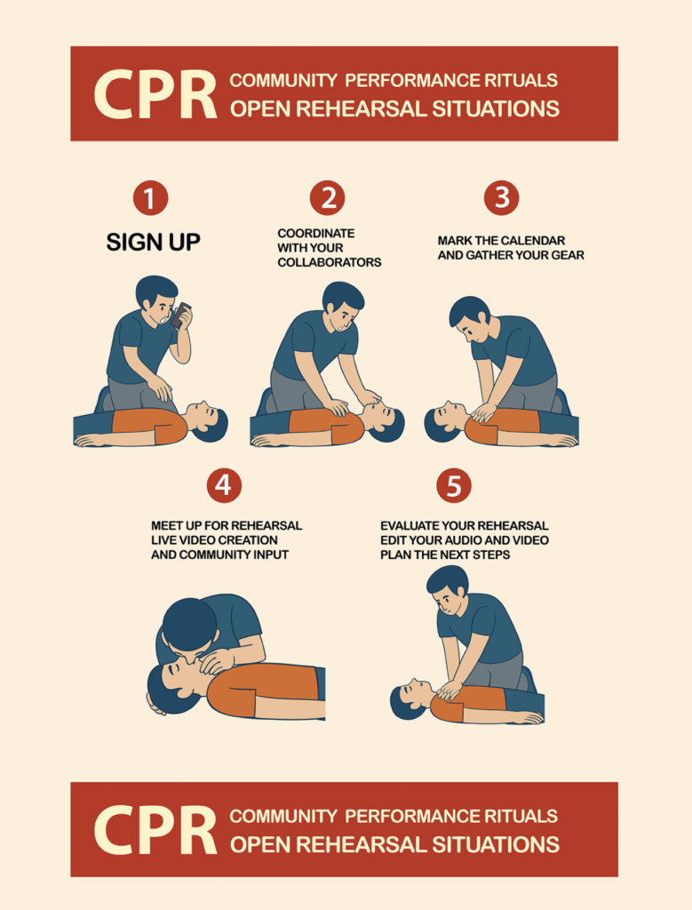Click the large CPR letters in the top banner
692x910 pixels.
tap(155, 94)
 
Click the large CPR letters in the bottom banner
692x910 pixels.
tap(155, 830)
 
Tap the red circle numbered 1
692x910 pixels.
tap(150, 198)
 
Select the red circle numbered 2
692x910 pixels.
tap(327, 198)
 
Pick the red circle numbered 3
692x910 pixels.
tap(502, 198)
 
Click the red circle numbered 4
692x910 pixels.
tap(224, 485)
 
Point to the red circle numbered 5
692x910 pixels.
tap(454, 485)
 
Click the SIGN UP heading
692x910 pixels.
tap(153, 242)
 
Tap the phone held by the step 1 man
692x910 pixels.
tap(181, 315)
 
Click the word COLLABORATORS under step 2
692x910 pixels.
tap(330, 262)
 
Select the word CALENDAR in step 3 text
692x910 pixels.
tap(535, 240)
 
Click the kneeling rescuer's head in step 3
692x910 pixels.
tap(470, 319)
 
